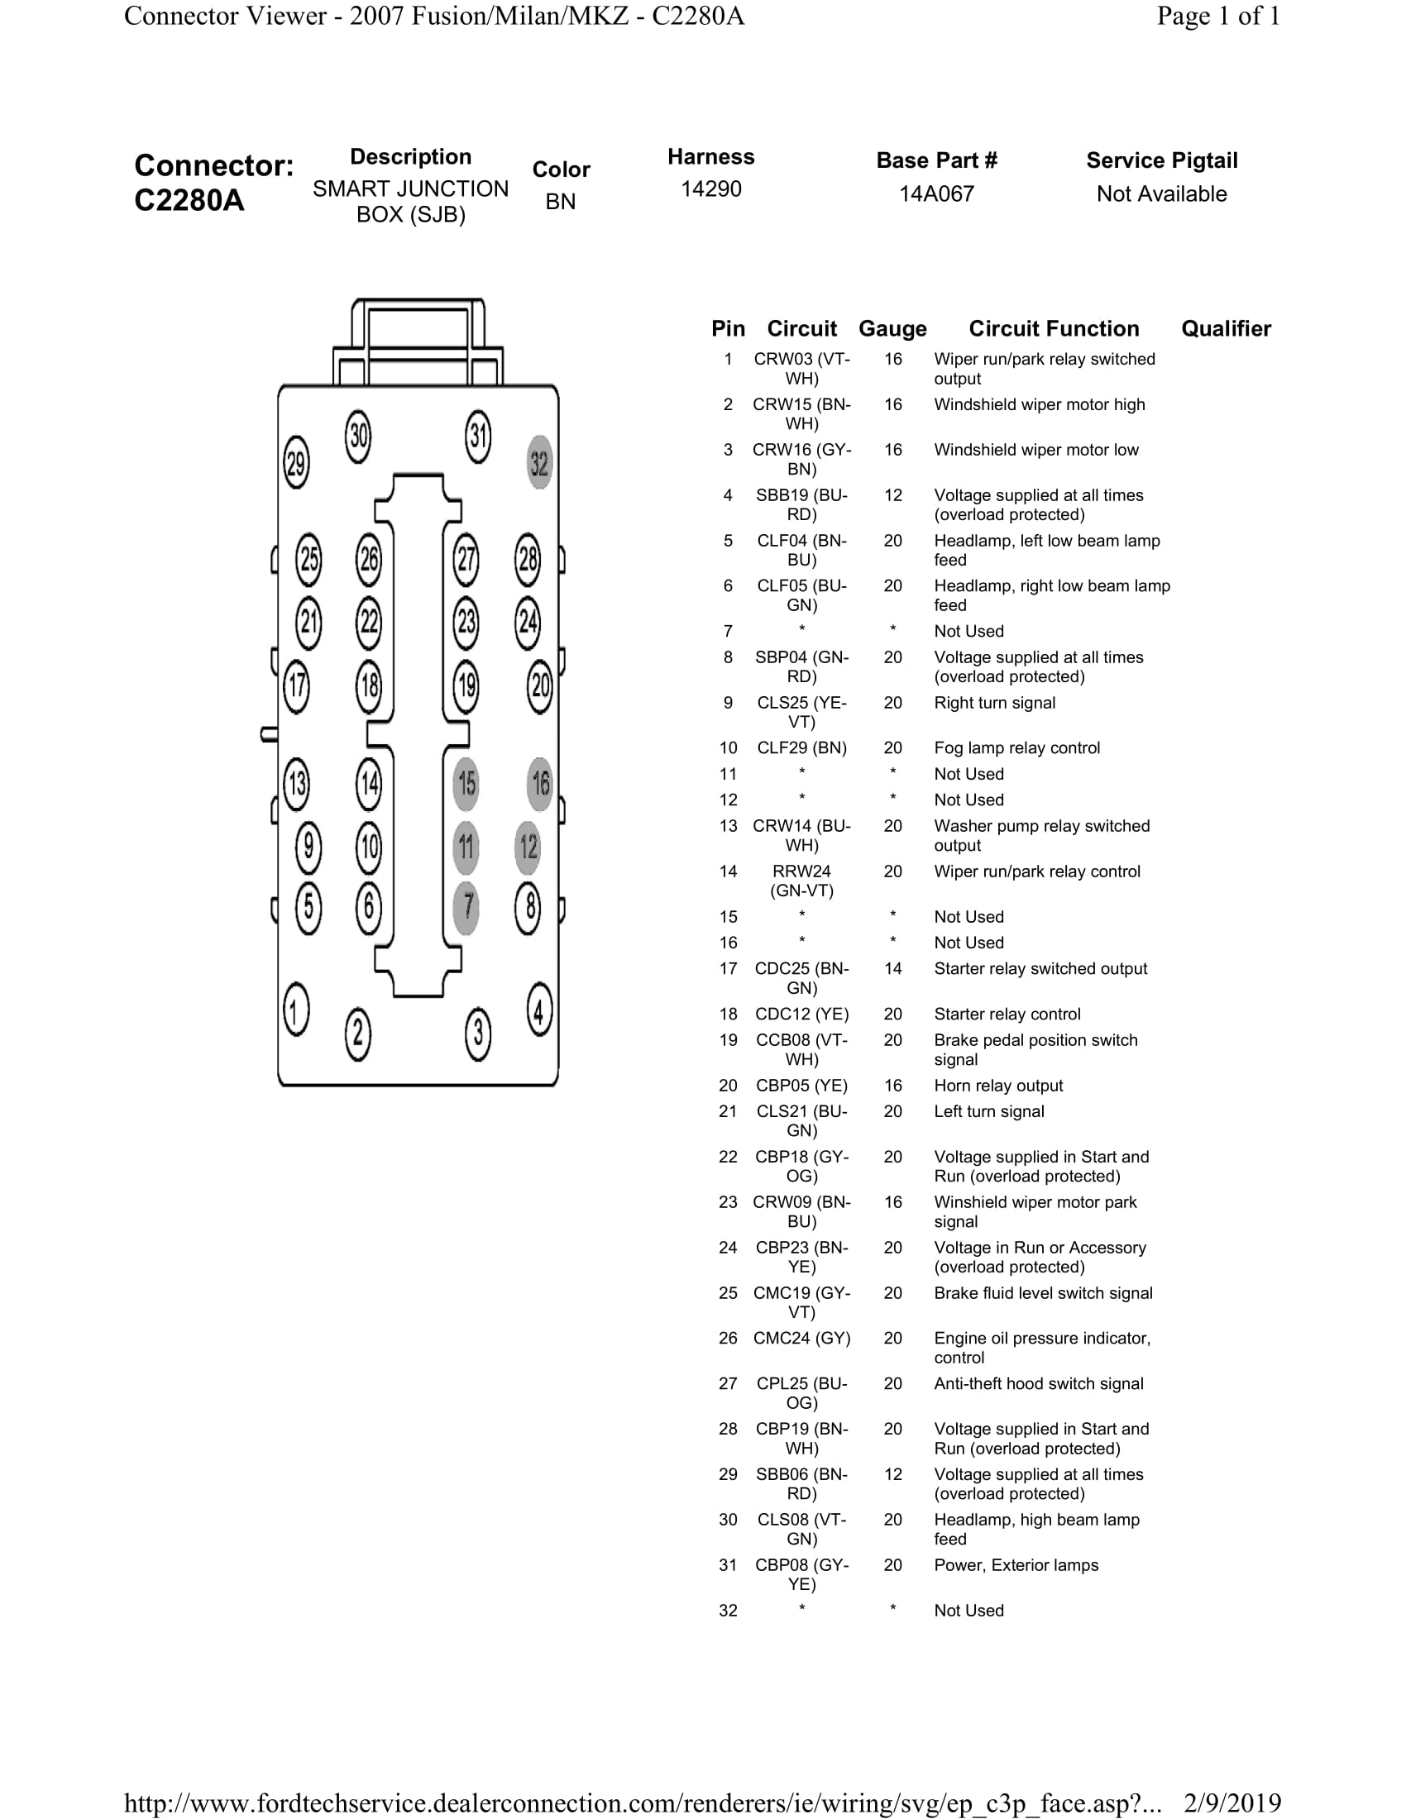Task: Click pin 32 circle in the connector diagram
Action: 540,463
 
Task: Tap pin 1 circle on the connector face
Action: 297,1011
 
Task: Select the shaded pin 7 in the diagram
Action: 467,906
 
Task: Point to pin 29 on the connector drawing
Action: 297,463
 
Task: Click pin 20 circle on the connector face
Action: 540,685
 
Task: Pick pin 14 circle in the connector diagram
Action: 369,784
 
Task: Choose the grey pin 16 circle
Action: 540,784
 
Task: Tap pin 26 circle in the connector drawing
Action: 369,559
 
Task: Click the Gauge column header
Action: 892,329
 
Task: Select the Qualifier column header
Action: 1225,329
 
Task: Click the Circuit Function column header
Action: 1054,329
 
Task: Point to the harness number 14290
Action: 710,189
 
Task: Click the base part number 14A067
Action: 936,194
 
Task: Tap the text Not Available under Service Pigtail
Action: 1161,194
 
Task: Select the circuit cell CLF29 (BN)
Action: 801,748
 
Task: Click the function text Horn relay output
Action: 998,1086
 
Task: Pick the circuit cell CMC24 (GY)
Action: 801,1339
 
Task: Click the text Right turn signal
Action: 994,703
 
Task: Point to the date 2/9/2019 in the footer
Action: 1232,1803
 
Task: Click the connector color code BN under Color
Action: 561,202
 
